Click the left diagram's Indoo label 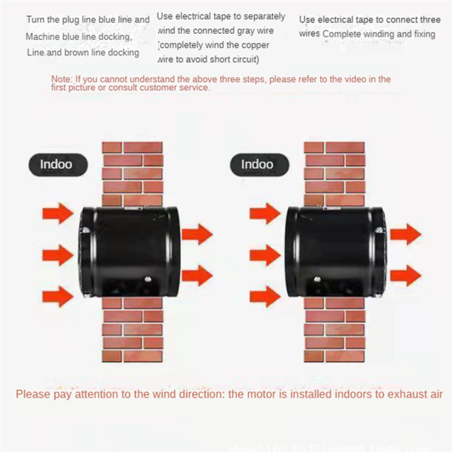tap(56, 164)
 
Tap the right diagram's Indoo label tap(257, 164)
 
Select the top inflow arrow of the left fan tap(58, 213)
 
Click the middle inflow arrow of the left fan tap(58, 255)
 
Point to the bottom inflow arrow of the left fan tap(58, 296)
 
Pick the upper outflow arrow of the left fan tap(197, 234)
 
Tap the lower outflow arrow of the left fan tap(197, 275)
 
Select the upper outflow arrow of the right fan tap(405, 234)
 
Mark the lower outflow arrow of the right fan tap(405, 275)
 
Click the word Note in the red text tap(61, 79)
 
